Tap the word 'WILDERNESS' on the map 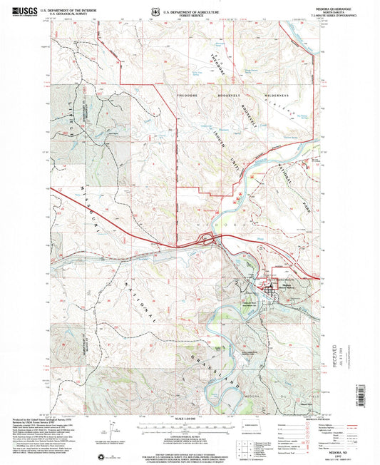tap(273, 95)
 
